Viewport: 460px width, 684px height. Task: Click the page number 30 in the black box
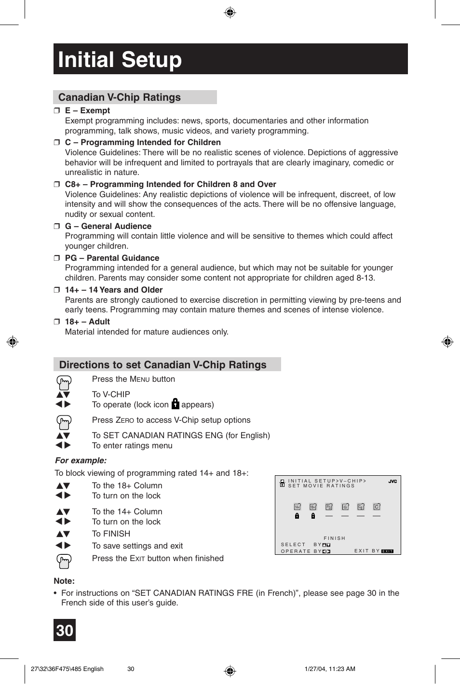point(65,630)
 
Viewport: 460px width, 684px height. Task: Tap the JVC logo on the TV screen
point(392,482)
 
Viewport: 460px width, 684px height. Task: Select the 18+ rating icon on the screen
point(313,507)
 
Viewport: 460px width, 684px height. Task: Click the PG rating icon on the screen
point(329,507)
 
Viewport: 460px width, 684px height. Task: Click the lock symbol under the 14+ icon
point(297,516)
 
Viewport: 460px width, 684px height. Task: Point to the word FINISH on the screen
point(335,538)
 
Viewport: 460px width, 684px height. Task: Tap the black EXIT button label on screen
point(387,551)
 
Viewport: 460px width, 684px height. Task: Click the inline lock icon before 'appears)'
point(175,404)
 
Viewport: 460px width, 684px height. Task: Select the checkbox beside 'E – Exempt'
point(56,111)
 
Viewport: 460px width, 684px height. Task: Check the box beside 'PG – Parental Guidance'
point(56,258)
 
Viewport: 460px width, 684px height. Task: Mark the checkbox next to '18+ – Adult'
point(56,322)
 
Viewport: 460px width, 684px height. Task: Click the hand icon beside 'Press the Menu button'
point(64,382)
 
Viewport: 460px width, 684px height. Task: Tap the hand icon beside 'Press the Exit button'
point(64,561)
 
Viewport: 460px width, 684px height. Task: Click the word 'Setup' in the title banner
point(151,60)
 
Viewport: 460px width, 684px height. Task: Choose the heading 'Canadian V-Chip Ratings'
point(120,97)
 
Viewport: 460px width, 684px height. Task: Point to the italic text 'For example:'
point(81,460)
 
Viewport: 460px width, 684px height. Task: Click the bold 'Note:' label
point(64,581)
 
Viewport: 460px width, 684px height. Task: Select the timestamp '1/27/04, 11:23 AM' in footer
point(330,669)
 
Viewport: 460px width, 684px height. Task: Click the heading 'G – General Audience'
point(108,226)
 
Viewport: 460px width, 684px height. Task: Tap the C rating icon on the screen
point(377,507)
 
